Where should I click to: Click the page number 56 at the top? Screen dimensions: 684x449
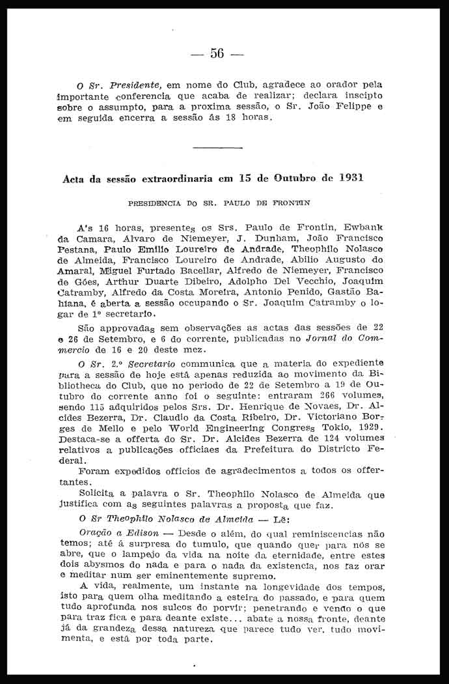click(x=217, y=53)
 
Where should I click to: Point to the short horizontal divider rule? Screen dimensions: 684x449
click(x=218, y=148)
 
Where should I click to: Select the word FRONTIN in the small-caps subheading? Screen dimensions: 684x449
click(x=292, y=203)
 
